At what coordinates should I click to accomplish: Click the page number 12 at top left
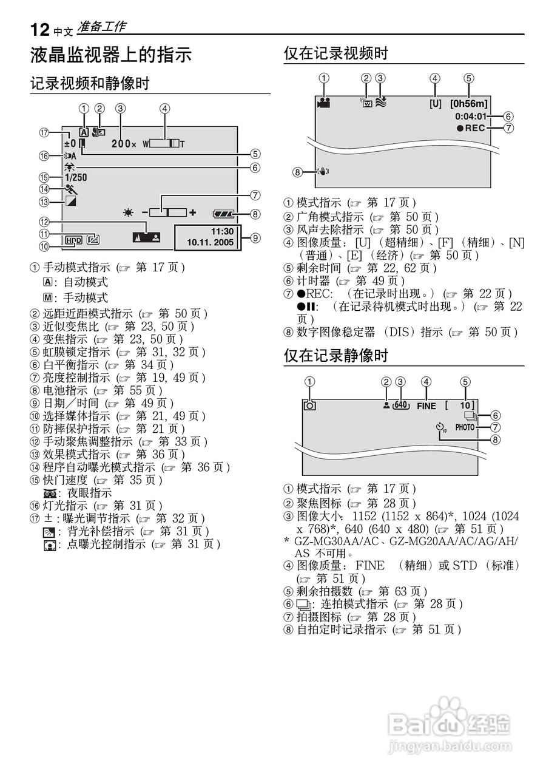(39, 29)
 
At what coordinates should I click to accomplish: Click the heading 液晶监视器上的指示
(111, 56)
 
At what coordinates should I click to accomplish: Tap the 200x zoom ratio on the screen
(124, 144)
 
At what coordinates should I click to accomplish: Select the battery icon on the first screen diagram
(223, 214)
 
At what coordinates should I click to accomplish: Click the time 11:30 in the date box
(222, 232)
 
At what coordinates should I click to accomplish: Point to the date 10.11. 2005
(210, 242)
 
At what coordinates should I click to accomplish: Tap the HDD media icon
(73, 240)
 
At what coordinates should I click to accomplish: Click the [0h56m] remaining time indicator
(469, 104)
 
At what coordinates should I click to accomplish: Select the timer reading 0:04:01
(471, 116)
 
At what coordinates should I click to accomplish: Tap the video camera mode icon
(323, 103)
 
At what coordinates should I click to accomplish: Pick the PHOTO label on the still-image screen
(465, 427)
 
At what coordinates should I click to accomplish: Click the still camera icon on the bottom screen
(310, 405)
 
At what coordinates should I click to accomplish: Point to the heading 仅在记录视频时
(335, 53)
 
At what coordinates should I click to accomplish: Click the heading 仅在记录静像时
(335, 356)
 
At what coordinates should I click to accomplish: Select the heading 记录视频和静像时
(90, 83)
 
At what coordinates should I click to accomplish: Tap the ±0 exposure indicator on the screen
(70, 144)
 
